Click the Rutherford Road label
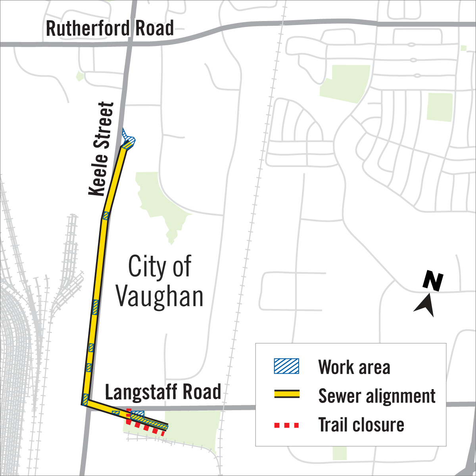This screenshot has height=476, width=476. click(x=110, y=29)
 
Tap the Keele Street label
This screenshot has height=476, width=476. click(x=102, y=149)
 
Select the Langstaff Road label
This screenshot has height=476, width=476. click(x=163, y=392)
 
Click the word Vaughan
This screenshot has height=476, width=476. click(x=159, y=297)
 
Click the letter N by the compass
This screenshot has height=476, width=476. click(x=433, y=281)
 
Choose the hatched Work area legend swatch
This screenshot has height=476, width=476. click(x=286, y=366)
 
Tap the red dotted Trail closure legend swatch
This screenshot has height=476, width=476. click(x=286, y=425)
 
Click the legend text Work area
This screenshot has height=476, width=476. click(x=354, y=367)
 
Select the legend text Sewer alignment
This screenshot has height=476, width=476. click(x=377, y=396)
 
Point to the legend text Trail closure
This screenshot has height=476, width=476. click(x=361, y=425)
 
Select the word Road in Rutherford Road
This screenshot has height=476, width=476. click(x=154, y=29)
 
